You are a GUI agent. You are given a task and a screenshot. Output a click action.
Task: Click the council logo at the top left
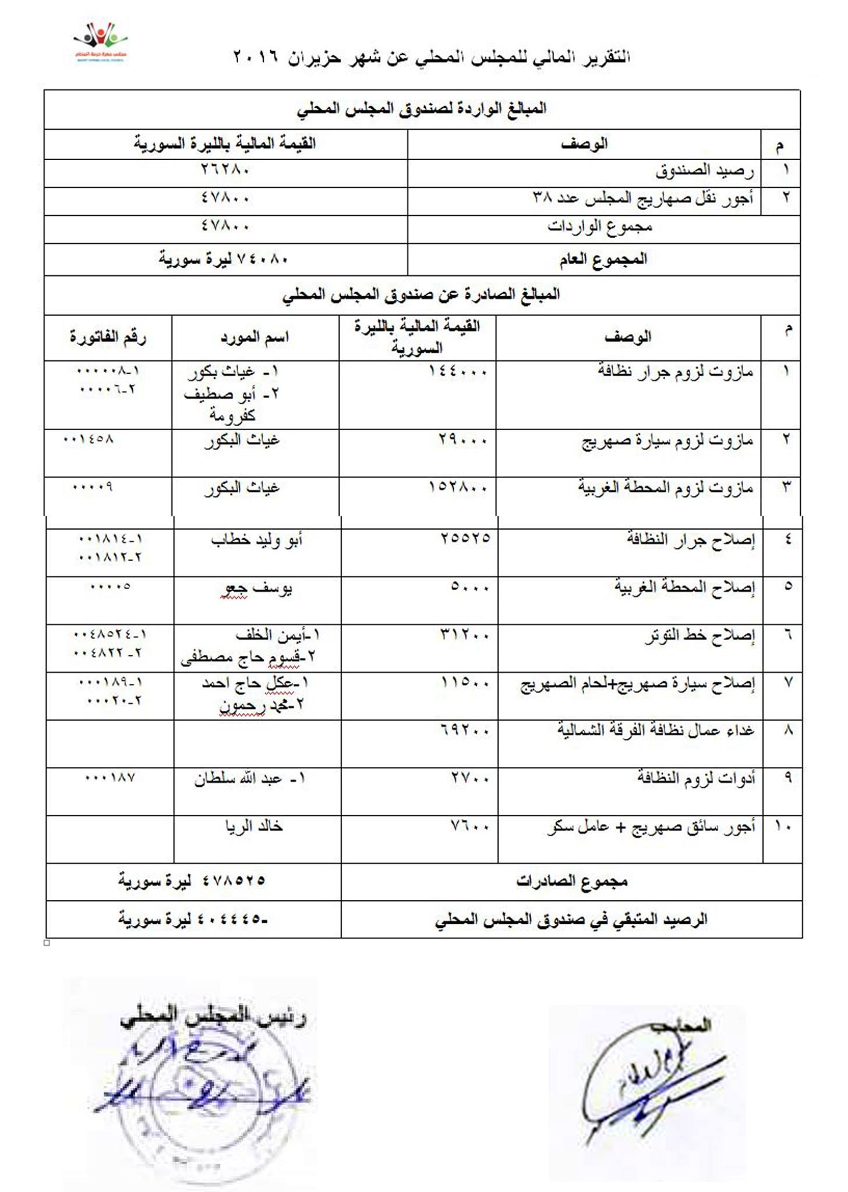[100, 42]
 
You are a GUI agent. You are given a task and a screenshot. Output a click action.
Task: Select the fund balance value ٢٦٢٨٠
[225, 170]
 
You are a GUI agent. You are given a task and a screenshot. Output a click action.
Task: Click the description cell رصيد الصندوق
[704, 171]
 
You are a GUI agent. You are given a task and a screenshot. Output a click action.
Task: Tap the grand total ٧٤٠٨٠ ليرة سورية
[224, 259]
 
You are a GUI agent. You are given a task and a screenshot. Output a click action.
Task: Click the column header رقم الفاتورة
[108, 337]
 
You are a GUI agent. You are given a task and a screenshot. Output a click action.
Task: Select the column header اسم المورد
[255, 338]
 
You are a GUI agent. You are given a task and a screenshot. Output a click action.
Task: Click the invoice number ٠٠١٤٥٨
[89, 439]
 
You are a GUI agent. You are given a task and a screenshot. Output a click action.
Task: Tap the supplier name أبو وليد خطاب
[256, 540]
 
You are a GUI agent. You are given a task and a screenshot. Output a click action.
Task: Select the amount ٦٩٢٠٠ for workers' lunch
[465, 729]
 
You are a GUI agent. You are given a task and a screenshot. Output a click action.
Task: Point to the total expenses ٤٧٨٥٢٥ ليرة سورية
[192, 881]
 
